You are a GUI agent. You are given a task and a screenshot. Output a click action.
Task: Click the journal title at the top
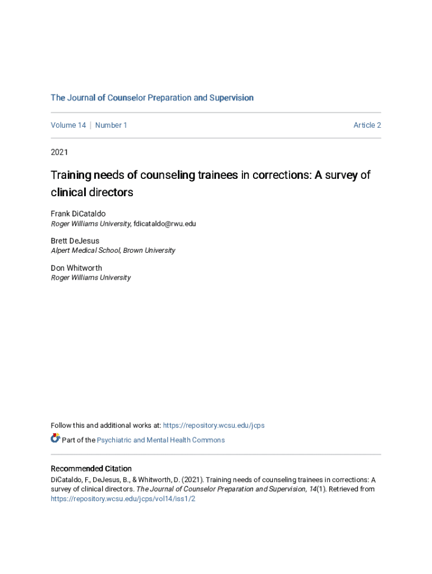[x=152, y=98]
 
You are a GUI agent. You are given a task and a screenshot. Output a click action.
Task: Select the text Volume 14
[x=68, y=125]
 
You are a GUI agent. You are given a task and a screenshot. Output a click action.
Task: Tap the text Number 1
[x=111, y=125]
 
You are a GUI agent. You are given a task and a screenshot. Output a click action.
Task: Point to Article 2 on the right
[x=367, y=125]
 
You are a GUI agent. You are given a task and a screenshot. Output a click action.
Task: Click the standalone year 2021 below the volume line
[x=59, y=151]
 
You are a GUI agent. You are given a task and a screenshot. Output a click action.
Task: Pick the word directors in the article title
[x=111, y=192]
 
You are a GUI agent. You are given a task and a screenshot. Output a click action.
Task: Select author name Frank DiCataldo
[x=78, y=214]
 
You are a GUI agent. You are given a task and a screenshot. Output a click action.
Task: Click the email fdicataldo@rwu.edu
[x=165, y=224]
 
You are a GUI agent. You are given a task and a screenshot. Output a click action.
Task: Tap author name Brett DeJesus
[x=75, y=241]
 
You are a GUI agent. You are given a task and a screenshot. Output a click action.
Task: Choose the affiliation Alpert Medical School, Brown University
[x=113, y=251]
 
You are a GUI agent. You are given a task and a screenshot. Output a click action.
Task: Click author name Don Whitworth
[x=76, y=268]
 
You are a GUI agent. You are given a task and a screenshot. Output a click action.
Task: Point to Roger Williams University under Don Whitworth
[x=91, y=277]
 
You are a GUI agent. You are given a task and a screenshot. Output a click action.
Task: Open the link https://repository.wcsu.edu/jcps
[x=214, y=425]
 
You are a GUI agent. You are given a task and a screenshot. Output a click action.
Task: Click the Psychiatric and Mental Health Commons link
[x=161, y=440]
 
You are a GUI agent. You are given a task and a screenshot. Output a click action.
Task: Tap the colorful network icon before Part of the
[x=55, y=438]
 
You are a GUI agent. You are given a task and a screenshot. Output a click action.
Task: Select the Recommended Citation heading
[x=91, y=469]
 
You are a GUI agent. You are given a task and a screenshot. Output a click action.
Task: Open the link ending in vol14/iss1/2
[x=123, y=498]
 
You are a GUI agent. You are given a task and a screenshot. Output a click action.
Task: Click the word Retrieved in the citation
[x=343, y=489]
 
